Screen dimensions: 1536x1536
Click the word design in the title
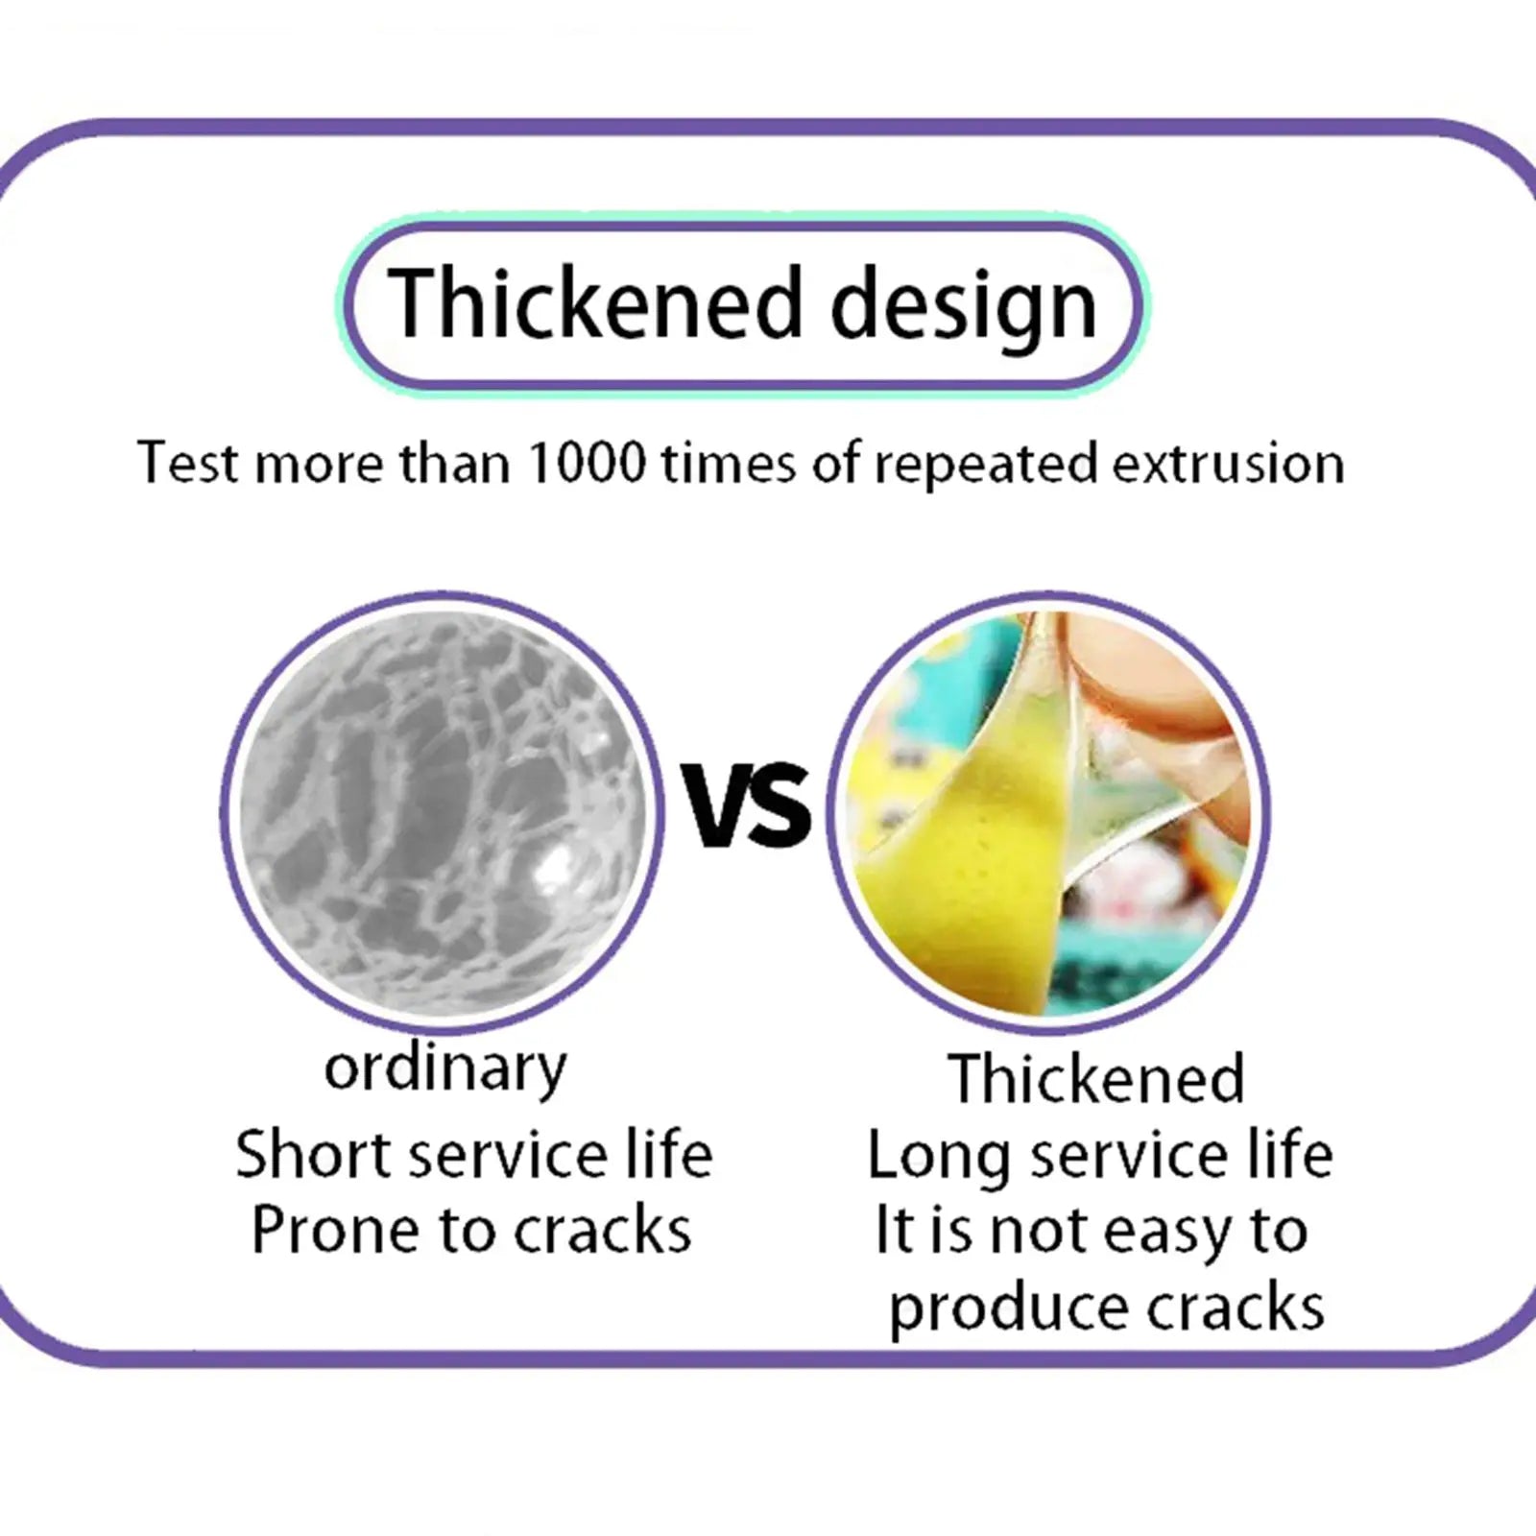[963, 308]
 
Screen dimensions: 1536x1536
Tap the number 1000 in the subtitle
[587, 463]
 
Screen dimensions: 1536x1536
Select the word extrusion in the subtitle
[1228, 463]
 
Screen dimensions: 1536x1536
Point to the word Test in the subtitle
[187, 463]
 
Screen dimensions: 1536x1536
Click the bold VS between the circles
[746, 804]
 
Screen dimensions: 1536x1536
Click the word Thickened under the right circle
[1096, 1078]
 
